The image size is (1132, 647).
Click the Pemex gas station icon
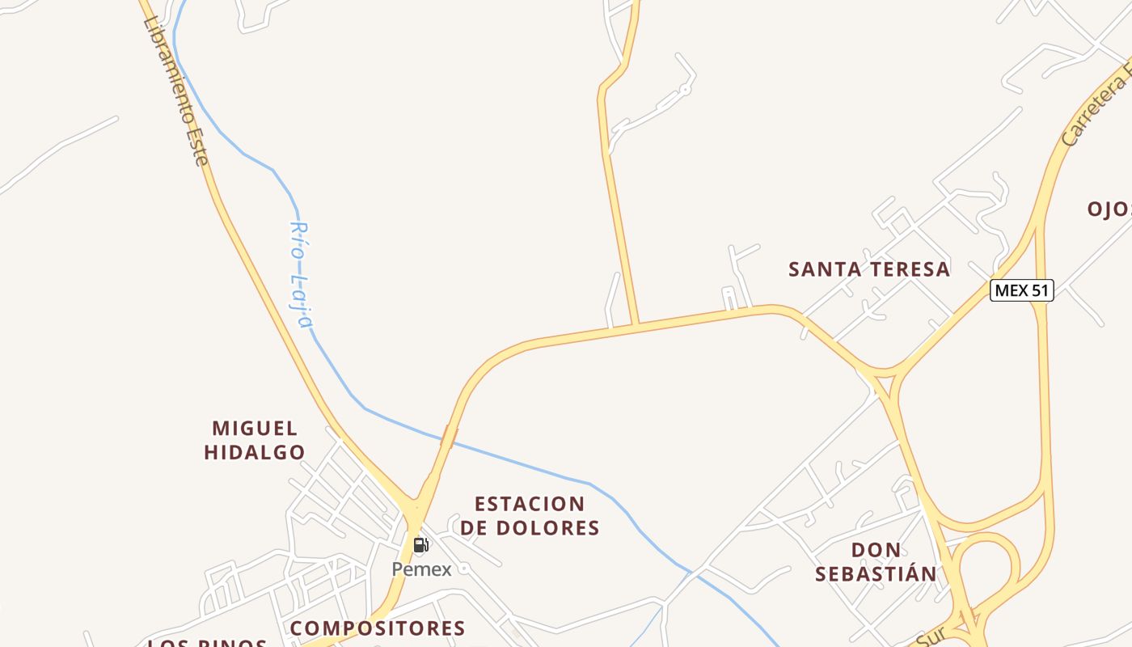pos(420,544)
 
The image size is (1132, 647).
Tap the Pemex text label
pos(421,569)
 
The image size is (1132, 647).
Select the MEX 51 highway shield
pos(1021,290)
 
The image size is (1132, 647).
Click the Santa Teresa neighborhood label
pos(869,269)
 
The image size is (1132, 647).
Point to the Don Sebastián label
pos(876,562)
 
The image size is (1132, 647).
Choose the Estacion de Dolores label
pos(530,516)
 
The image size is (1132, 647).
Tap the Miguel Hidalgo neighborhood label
pos(254,440)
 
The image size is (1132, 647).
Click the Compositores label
pos(378,628)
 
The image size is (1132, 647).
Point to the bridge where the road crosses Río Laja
pos(448,437)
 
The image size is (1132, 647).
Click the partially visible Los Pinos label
pos(209,643)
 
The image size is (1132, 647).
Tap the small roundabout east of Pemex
pos(464,569)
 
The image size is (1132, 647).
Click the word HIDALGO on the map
pos(254,452)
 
